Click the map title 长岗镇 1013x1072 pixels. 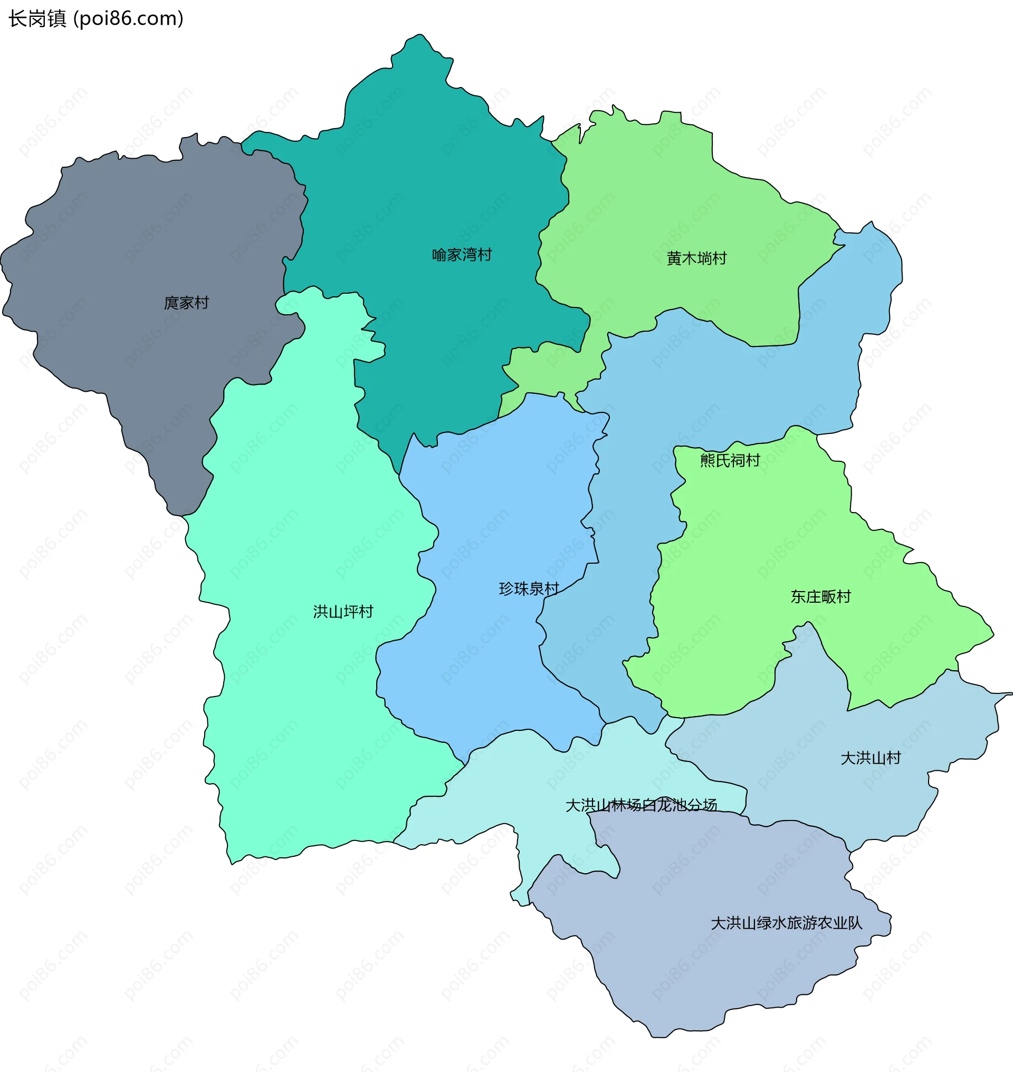(37, 19)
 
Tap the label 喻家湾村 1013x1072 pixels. (462, 255)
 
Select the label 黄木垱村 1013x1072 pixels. (696, 258)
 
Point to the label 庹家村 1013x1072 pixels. (186, 303)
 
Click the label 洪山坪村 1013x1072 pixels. (343, 612)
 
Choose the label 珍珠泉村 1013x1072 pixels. (529, 588)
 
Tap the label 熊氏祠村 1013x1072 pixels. (730, 460)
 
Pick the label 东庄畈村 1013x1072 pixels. (820, 596)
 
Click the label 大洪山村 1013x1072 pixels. (871, 758)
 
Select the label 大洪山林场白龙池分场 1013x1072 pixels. (641, 805)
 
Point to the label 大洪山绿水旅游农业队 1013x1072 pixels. (786, 922)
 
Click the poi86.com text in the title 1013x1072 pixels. (128, 19)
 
